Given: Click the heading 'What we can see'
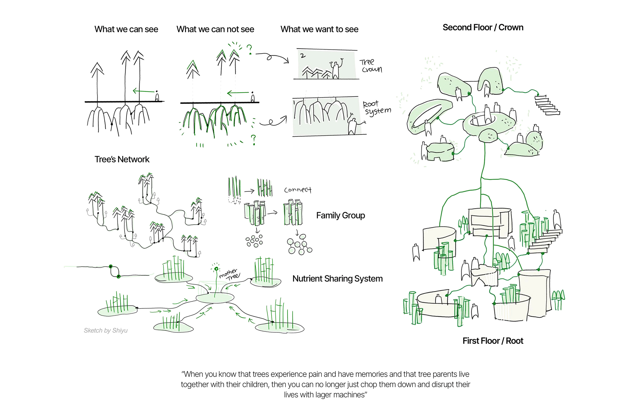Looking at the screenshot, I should tap(126, 29).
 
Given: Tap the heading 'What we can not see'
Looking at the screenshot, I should tap(215, 29).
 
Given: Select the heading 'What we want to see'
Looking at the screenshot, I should tap(319, 29).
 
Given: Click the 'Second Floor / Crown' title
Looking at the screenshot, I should tap(483, 27).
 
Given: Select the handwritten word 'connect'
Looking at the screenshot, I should tap(297, 190).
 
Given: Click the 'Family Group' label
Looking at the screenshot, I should tap(340, 215).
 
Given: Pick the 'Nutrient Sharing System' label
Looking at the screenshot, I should tap(337, 279).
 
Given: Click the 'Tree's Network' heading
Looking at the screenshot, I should tap(122, 159).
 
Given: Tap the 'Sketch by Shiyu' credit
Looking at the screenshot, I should tap(106, 330).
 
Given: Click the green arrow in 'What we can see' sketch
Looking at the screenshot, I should tap(143, 91).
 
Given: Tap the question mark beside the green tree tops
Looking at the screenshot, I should tap(249, 49).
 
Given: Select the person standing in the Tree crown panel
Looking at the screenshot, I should tap(336, 69).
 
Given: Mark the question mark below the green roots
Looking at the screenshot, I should tap(254, 139).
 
